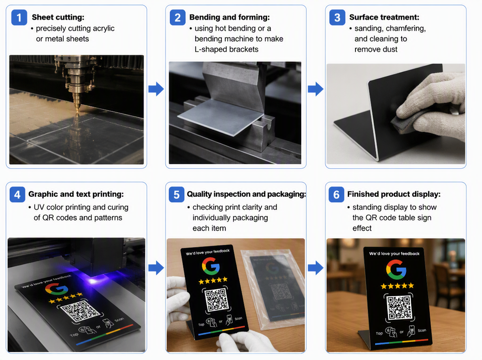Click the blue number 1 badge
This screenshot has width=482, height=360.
pyautogui.click(x=19, y=18)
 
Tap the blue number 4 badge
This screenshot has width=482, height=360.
pyautogui.click(x=17, y=195)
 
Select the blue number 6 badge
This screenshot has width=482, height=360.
pyautogui.click(x=336, y=195)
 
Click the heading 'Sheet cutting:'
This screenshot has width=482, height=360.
pyautogui.click(x=58, y=17)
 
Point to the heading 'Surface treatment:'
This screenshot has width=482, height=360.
pyautogui.click(x=384, y=17)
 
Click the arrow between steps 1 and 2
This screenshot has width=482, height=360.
pyautogui.click(x=156, y=89)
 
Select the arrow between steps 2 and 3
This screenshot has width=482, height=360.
pyautogui.click(x=316, y=89)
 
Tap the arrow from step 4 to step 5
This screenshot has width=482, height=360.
pyautogui.click(x=156, y=268)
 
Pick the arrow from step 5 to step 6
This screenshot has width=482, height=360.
pyautogui.click(x=316, y=268)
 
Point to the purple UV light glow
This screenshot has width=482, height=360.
pyautogui.click(x=94, y=280)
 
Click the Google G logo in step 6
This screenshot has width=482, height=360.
pyautogui.click(x=396, y=270)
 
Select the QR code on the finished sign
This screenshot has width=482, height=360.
pyautogui.click(x=399, y=307)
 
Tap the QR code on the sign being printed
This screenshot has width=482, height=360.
pyautogui.click(x=80, y=311)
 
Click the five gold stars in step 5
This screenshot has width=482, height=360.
pyautogui.click(x=213, y=280)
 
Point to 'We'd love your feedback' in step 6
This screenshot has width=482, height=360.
pyautogui.click(x=394, y=254)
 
